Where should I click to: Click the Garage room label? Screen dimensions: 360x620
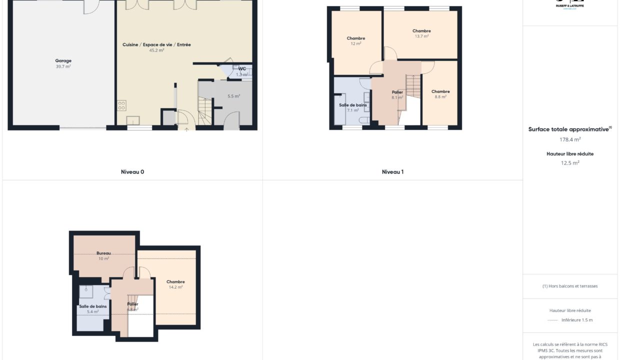point(63,61)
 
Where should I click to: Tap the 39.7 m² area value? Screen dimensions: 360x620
point(63,66)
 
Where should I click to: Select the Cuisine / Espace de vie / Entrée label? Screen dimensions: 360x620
point(156,44)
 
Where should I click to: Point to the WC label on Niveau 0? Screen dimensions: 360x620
point(242,68)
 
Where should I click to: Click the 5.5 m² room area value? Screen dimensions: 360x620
point(233,96)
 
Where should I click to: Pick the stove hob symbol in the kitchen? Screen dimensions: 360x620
point(121,105)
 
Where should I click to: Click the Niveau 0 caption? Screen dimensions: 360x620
point(132,172)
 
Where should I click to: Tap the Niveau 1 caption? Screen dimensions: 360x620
point(392,172)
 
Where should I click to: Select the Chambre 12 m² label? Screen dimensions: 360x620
point(355,38)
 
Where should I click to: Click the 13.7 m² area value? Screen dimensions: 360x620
point(421,36)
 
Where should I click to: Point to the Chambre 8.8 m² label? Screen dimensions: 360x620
point(440,91)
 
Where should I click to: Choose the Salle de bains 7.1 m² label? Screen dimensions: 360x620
point(353,105)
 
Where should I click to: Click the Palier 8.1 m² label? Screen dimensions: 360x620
point(397,92)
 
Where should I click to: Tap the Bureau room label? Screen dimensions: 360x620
point(103,253)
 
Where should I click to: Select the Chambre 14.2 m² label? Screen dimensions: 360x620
point(175,281)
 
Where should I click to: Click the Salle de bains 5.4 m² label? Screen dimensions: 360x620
point(92,306)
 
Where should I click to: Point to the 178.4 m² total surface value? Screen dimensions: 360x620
point(570,139)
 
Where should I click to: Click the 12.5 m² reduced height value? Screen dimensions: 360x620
point(570,162)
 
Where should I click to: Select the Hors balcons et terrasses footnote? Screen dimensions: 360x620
point(570,286)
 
